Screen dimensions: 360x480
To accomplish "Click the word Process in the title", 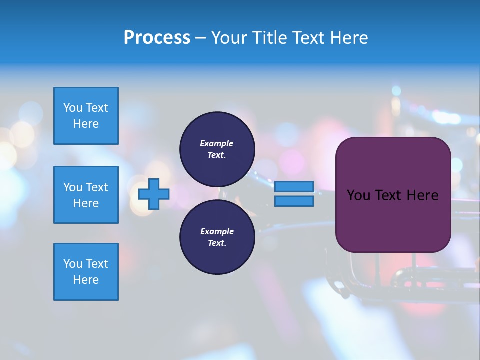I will pos(157,38).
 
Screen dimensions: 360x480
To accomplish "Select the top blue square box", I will pos(86,116).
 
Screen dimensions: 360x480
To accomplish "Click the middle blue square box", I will pos(86,195).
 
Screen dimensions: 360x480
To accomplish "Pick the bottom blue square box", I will pos(86,272).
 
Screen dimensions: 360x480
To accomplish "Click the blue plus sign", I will pos(154,194).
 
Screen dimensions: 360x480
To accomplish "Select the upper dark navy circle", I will pos(217,149).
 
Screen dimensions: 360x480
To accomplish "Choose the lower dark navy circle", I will pos(217,237).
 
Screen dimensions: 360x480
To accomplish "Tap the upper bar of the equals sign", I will pos(294,186).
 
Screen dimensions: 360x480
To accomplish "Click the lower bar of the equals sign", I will pos(294,201).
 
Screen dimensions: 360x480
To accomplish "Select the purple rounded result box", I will pos(393,194).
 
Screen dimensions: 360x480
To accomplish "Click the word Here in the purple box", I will pos(422,195).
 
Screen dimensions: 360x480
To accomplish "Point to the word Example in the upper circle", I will pos(216,143).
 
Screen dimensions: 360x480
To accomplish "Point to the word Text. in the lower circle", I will pos(217,243).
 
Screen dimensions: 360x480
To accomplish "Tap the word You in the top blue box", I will pos(73,108).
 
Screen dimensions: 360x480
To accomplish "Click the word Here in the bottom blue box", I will pos(86,280).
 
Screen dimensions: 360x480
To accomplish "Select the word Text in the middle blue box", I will pos(97,187).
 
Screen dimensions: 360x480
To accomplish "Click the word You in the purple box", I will pos(358,195).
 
